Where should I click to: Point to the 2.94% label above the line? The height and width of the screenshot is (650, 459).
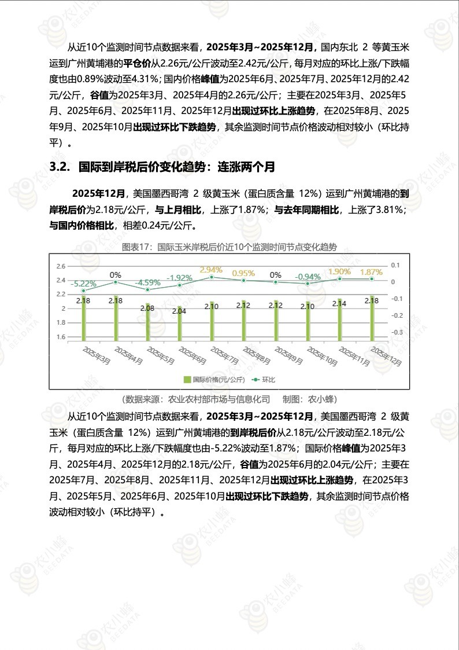pyautogui.click(x=211, y=270)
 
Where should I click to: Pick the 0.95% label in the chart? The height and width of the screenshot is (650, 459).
pyautogui.click(x=243, y=273)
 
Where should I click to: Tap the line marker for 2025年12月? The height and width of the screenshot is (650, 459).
pyautogui.click(x=372, y=279)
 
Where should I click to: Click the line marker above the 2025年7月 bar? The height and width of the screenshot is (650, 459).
pyautogui.click(x=211, y=277)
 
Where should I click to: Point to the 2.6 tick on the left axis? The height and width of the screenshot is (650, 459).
pyautogui.click(x=61, y=266)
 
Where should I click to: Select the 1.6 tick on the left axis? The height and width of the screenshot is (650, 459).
pyautogui.click(x=61, y=337)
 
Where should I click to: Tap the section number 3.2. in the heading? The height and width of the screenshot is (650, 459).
pyautogui.click(x=60, y=167)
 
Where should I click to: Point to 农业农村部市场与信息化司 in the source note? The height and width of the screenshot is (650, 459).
pyautogui.click(x=219, y=399)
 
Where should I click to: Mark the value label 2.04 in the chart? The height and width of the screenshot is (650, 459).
pyautogui.click(x=179, y=311)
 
